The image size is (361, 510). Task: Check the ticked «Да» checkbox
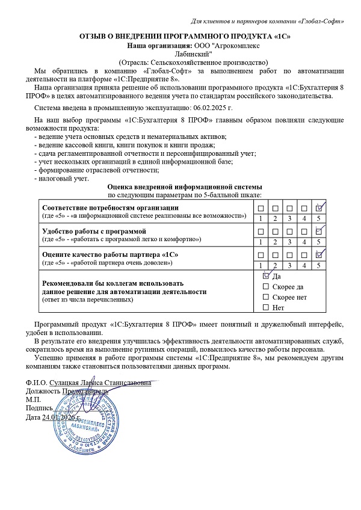(266, 276)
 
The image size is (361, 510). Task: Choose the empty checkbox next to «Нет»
(266, 308)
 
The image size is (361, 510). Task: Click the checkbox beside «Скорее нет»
(266, 297)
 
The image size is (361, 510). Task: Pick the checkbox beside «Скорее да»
(266, 287)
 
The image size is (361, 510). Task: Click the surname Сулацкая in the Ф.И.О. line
(67, 382)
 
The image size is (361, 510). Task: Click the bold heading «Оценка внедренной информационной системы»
(184, 187)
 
